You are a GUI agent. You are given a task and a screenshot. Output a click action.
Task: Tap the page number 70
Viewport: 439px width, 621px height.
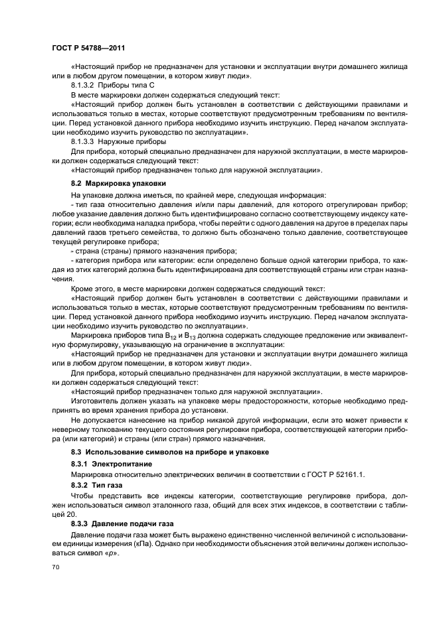pyautogui.click(x=56, y=567)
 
